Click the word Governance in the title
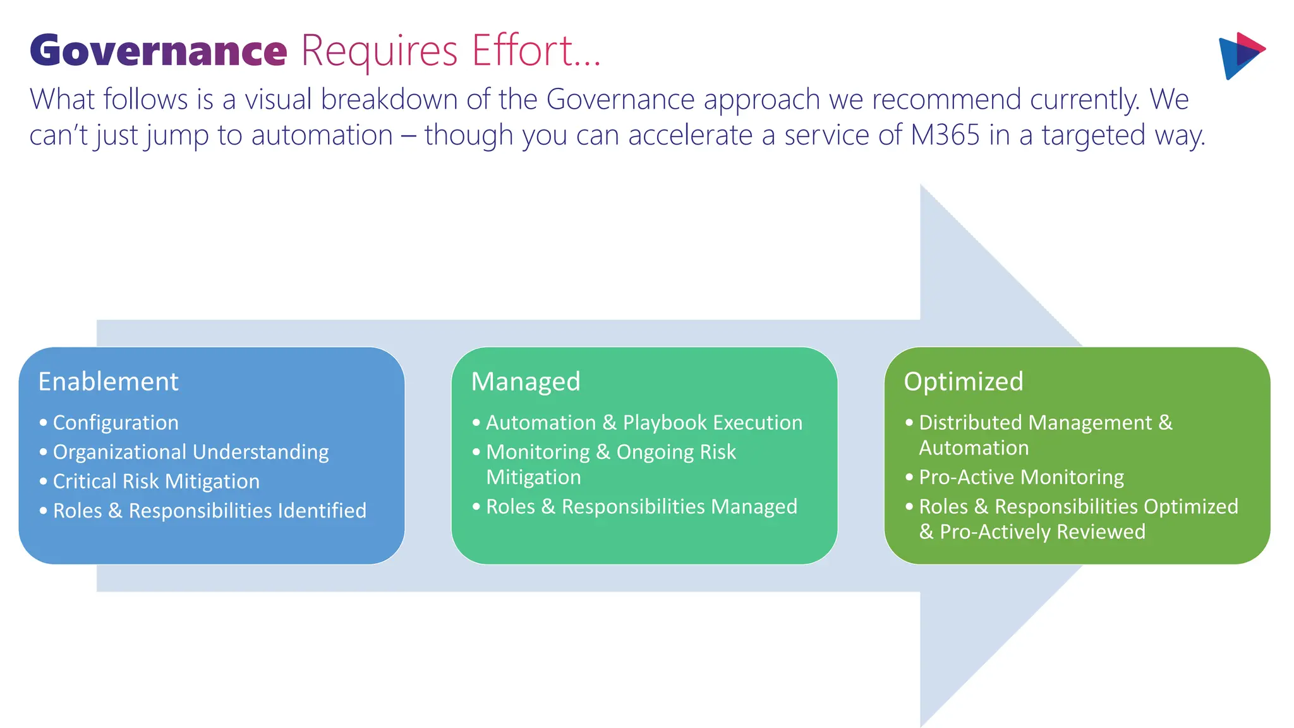pyautogui.click(x=158, y=51)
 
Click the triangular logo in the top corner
pyautogui.click(x=1240, y=56)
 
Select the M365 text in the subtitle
pyautogui.click(x=945, y=135)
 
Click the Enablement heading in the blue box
pyautogui.click(x=108, y=382)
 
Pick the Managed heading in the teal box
pyautogui.click(x=526, y=382)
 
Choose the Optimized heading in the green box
pyautogui.click(x=963, y=382)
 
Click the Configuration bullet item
pyautogui.click(x=116, y=422)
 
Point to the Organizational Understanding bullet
pyautogui.click(x=191, y=452)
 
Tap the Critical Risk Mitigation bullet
pyautogui.click(x=156, y=482)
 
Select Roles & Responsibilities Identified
pyautogui.click(x=209, y=511)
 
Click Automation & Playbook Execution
pyautogui.click(x=644, y=422)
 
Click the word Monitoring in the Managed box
pyautogui.click(x=538, y=452)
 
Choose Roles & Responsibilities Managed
pyautogui.click(x=641, y=507)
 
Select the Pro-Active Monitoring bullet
pyautogui.click(x=1021, y=477)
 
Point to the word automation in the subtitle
pyautogui.click(x=322, y=135)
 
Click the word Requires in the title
pyautogui.click(x=379, y=51)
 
